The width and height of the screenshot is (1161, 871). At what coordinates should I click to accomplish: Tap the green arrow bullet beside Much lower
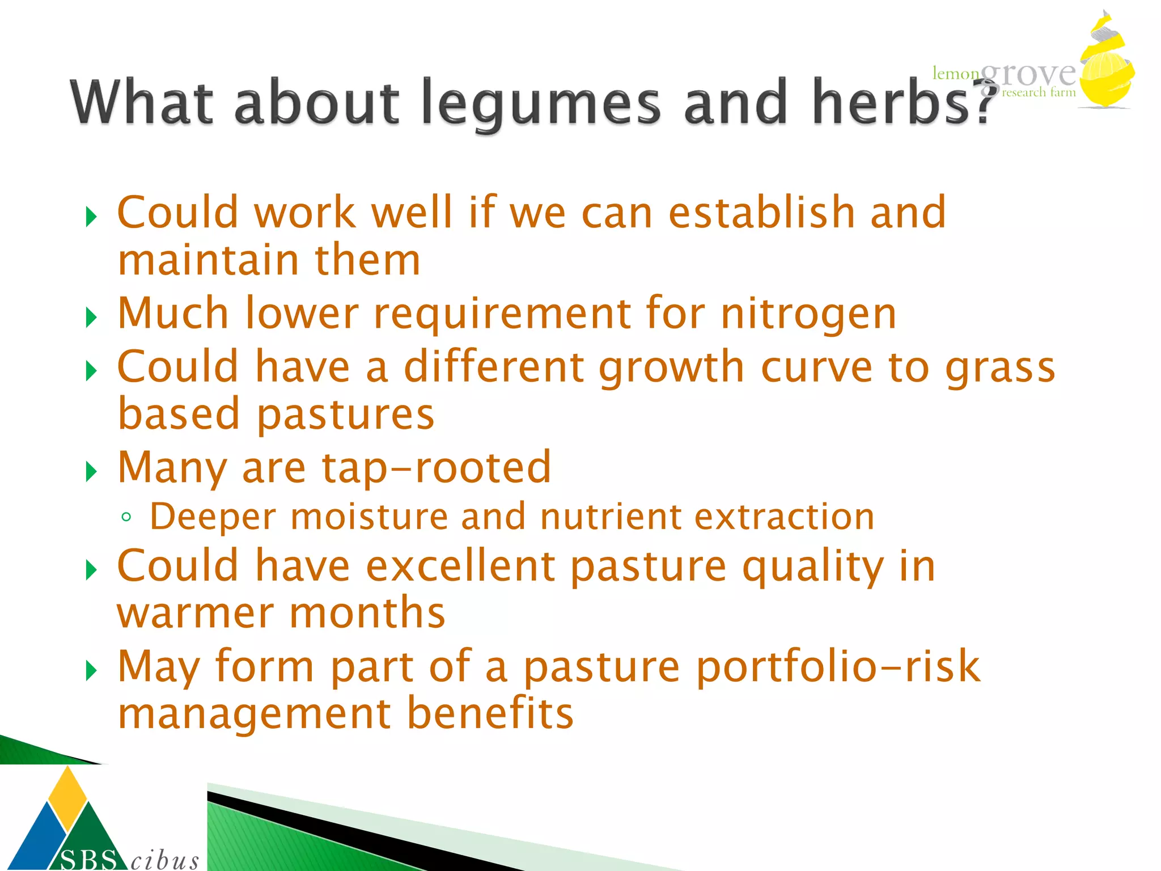coord(91,317)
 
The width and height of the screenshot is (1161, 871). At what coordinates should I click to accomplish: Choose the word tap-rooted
coord(437,468)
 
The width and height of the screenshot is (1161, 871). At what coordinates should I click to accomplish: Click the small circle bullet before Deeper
coord(126,517)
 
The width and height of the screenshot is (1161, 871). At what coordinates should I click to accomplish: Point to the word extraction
coord(785,517)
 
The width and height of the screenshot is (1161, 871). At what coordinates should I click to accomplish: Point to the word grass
coord(1000,367)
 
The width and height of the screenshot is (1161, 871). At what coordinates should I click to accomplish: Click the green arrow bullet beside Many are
coord(91,471)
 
